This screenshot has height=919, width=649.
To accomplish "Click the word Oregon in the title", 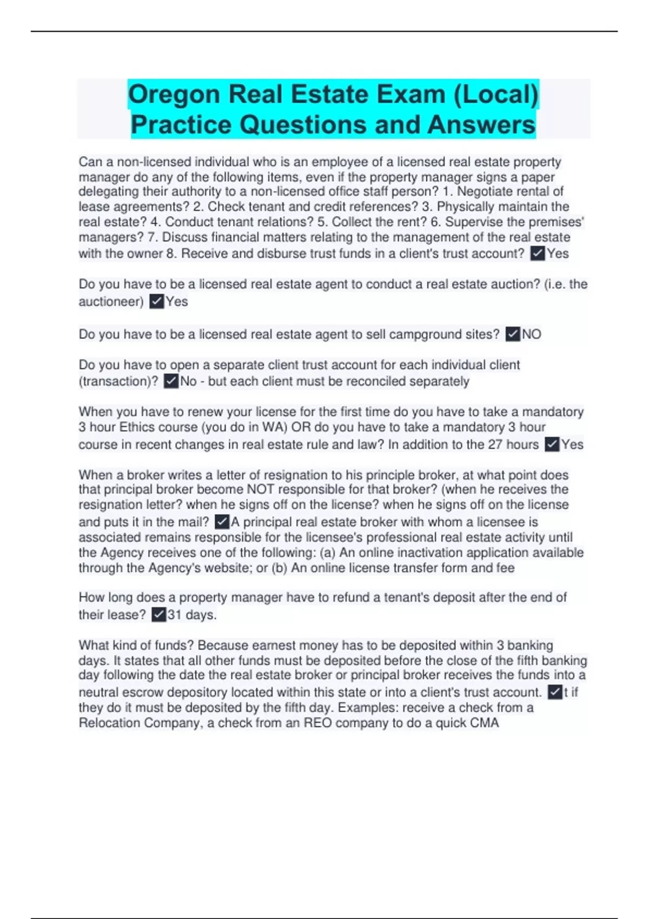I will click(174, 95).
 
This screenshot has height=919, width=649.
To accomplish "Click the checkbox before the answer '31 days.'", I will click(159, 615).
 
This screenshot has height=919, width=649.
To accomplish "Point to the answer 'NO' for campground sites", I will click(532, 334).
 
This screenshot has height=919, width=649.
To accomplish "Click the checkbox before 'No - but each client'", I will click(171, 381).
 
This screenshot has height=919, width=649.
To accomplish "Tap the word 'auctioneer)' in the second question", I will click(111, 301).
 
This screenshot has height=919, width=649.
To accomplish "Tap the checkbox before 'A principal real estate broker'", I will click(222, 522).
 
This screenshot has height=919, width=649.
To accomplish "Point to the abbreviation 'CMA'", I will click(484, 723).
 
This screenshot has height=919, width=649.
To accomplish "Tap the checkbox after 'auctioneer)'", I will click(156, 301).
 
